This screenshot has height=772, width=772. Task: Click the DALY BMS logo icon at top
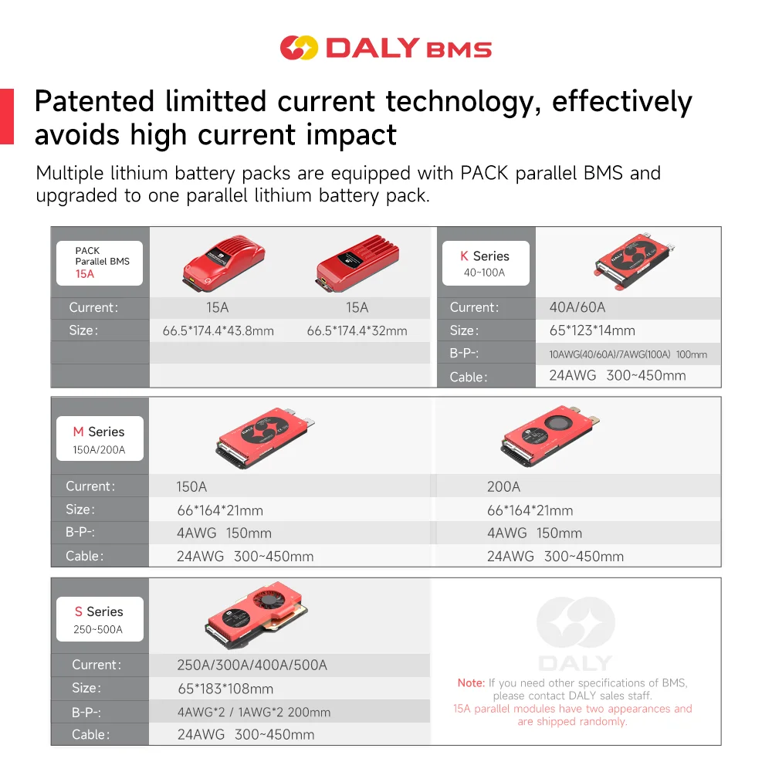pyautogui.click(x=298, y=48)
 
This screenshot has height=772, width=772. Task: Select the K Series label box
pyautogui.click(x=484, y=263)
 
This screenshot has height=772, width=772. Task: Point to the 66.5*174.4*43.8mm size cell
pyautogui.click(x=218, y=331)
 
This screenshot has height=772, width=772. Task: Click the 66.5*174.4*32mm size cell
pyautogui.click(x=357, y=331)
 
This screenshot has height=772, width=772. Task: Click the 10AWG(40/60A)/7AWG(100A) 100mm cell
pyautogui.click(x=623, y=355)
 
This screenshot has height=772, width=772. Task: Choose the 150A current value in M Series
pyautogui.click(x=191, y=487)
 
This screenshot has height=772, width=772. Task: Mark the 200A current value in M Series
pyautogui.click(x=503, y=487)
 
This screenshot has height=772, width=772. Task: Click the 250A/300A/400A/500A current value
pyautogui.click(x=252, y=665)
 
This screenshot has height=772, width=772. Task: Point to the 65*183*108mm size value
pyautogui.click(x=225, y=689)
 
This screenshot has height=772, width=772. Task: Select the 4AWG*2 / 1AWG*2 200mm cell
pyautogui.click(x=254, y=713)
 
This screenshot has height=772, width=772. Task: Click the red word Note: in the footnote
pyautogui.click(x=471, y=683)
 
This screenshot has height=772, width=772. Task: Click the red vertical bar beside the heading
pyautogui.click(x=7, y=117)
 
